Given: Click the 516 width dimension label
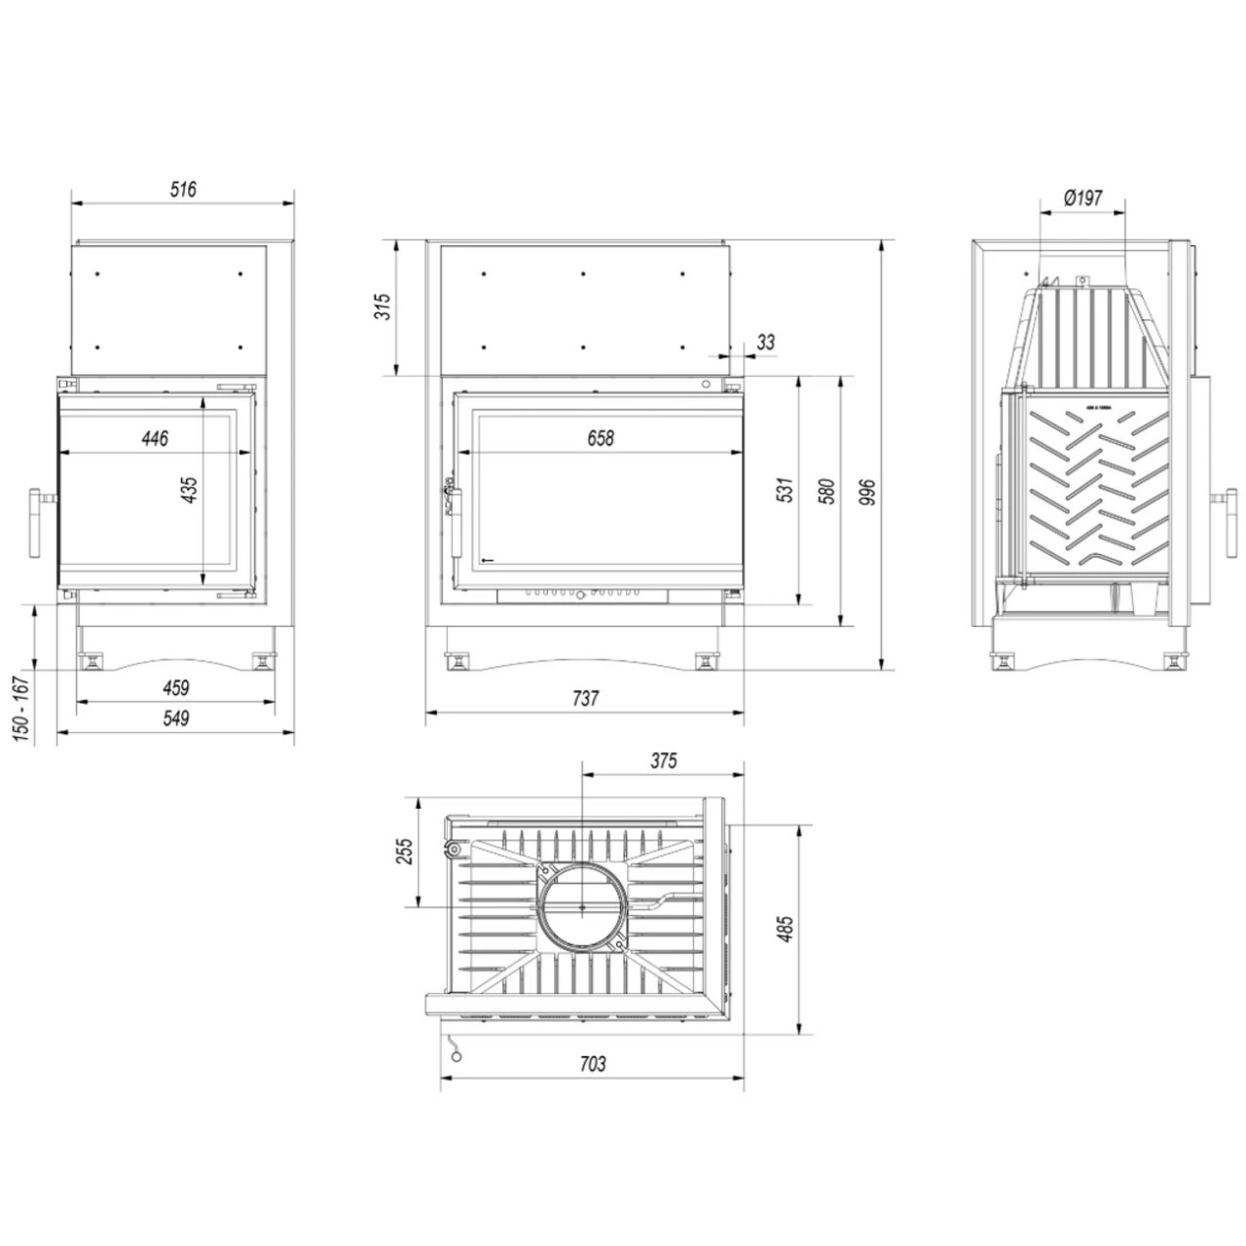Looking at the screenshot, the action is click(x=183, y=190).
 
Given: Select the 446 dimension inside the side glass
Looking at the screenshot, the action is click(x=155, y=438).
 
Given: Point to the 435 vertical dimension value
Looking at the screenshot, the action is click(x=189, y=490).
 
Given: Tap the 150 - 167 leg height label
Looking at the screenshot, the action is click(x=21, y=709).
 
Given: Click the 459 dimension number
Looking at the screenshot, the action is click(x=176, y=687).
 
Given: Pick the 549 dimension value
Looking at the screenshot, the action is click(x=176, y=717).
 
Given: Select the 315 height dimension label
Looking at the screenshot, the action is click(x=384, y=307).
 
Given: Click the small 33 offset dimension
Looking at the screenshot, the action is click(x=765, y=342).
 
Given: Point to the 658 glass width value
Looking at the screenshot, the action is click(x=601, y=438).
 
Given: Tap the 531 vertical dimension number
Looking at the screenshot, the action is click(x=785, y=490).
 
